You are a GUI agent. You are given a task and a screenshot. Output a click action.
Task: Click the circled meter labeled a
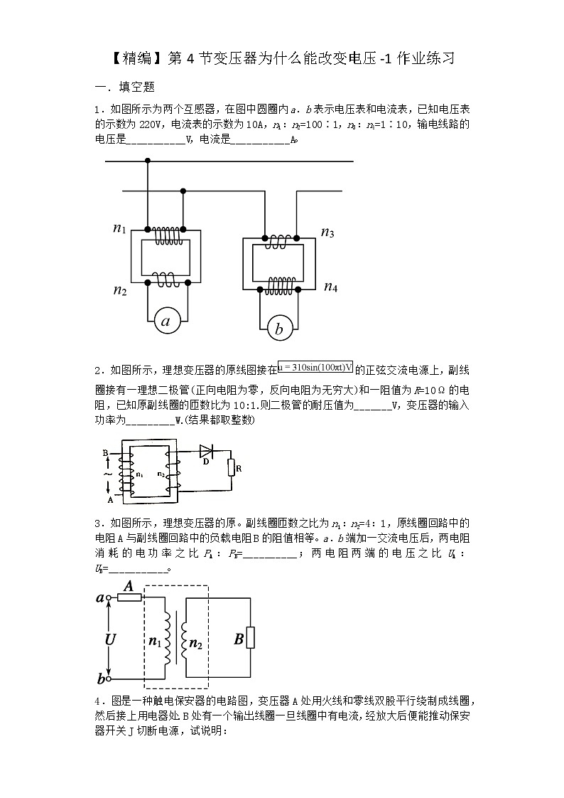click(x=166, y=322)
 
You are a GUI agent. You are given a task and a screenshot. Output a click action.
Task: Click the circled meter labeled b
click(x=279, y=329)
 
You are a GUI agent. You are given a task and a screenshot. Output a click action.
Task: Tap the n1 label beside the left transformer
click(x=119, y=228)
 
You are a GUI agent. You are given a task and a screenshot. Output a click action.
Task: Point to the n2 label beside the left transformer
click(x=119, y=289)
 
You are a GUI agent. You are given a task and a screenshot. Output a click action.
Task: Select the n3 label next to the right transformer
click(x=327, y=232)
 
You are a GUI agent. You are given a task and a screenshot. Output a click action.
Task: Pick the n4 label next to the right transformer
click(x=330, y=287)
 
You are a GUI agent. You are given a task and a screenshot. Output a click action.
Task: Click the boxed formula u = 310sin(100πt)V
click(x=315, y=366)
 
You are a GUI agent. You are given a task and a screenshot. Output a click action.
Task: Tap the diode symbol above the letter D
click(x=207, y=450)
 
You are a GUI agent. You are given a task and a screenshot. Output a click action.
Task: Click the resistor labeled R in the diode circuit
click(x=232, y=467)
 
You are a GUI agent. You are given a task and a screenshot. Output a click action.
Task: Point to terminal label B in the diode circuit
click(x=105, y=452)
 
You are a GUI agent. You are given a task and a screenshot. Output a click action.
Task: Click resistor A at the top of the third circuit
click(x=129, y=598)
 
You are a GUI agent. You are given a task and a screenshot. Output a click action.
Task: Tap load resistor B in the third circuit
click(x=250, y=639)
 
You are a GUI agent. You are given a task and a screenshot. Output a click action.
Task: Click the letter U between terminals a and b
click(x=110, y=639)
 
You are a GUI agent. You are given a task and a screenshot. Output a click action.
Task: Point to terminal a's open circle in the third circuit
click(x=109, y=598)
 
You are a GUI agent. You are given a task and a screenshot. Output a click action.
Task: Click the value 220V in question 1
click(x=152, y=124)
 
